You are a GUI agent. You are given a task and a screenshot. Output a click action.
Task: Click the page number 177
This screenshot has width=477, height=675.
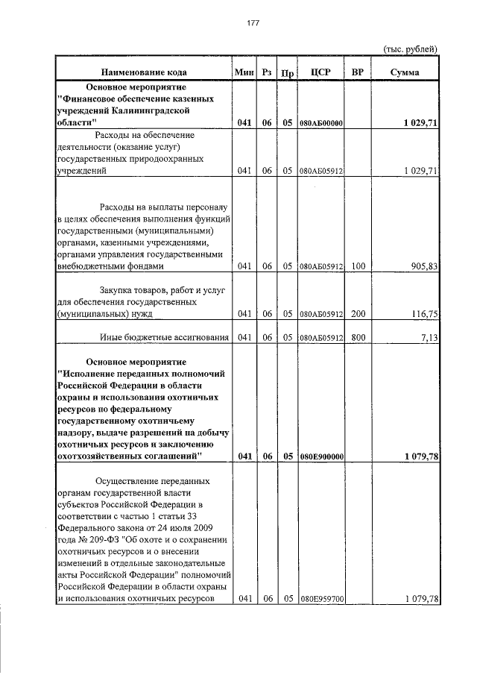[x=253, y=23]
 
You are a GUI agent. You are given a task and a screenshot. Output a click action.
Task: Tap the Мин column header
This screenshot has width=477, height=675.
[x=244, y=72]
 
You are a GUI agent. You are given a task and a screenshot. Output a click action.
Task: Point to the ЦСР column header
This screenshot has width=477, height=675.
[x=319, y=72]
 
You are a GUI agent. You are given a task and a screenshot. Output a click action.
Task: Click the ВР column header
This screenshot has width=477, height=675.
[x=358, y=72]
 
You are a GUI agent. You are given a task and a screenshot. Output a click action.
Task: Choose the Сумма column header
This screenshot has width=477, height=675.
[x=405, y=72]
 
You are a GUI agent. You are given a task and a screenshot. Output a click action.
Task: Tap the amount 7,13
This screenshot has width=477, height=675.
[x=427, y=338]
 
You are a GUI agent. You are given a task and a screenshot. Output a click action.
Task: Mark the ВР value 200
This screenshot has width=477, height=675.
[x=358, y=315]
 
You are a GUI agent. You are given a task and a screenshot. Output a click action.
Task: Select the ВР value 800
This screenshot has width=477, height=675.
[x=358, y=338]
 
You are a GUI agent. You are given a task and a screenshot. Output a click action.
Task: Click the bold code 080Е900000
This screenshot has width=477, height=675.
[x=320, y=456]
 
